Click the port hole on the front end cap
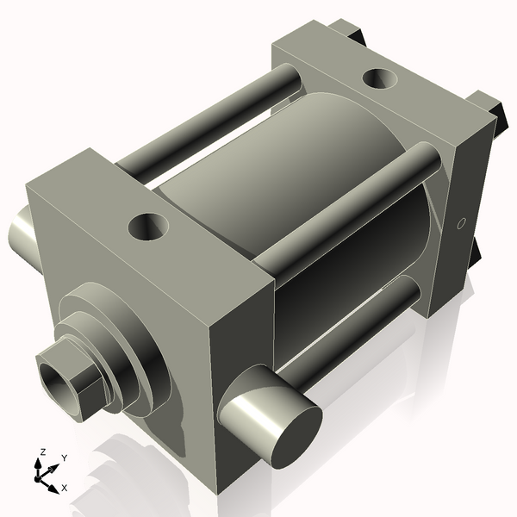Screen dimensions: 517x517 point(147,227)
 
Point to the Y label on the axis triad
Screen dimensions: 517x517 point(64,458)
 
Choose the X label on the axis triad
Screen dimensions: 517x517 point(65,488)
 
